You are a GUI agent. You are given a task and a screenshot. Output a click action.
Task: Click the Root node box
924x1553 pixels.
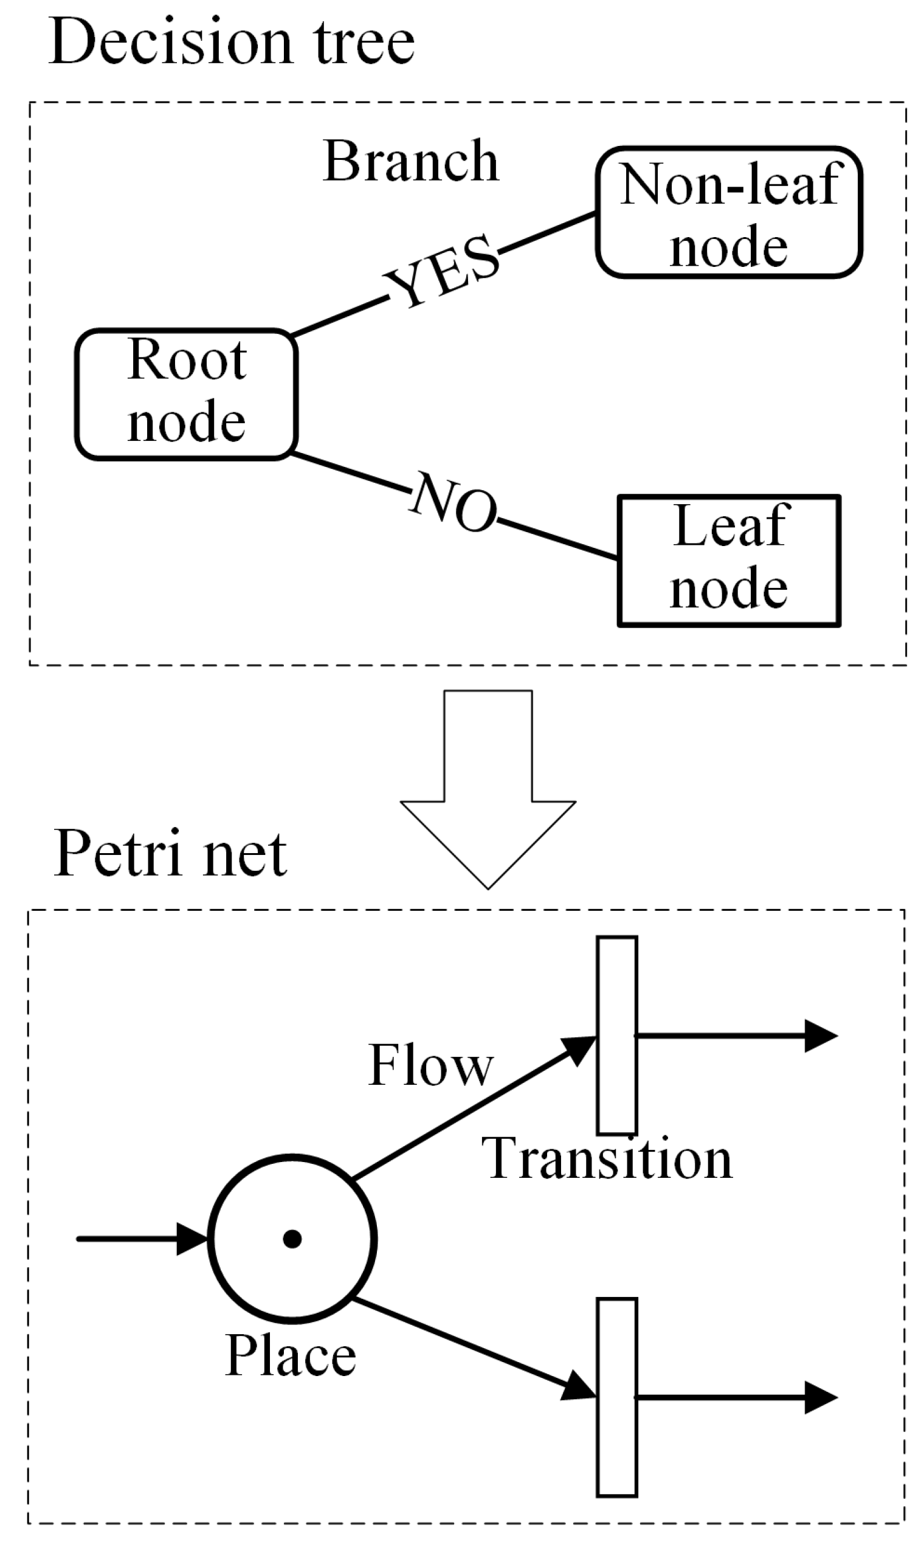[185, 394]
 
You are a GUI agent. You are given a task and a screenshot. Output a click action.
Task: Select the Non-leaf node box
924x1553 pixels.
[729, 212]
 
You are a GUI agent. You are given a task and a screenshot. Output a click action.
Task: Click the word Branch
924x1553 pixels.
[411, 161]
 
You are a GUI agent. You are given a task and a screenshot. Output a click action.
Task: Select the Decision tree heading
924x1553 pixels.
[231, 43]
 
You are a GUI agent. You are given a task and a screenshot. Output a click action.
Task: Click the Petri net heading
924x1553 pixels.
[170, 854]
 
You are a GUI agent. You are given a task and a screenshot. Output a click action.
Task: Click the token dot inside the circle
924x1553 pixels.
[292, 1239]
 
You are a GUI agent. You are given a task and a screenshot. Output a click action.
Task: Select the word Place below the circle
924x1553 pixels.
[290, 1356]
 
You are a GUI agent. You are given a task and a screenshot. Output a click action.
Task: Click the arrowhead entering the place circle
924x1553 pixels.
[191, 1239]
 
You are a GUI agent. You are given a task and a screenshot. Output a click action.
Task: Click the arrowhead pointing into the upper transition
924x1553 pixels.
[580, 1050]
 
